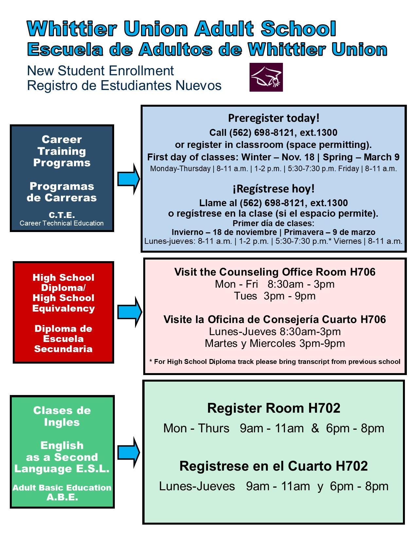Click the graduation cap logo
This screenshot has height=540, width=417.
(x=266, y=77)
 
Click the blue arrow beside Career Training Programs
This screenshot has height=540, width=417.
(x=129, y=179)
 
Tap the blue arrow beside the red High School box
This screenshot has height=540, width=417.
(x=130, y=312)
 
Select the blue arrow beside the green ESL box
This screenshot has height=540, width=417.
(x=129, y=453)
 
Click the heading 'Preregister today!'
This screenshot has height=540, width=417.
(x=274, y=118)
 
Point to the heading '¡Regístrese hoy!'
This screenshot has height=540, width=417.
(x=274, y=189)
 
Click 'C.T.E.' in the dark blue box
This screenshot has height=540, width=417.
(x=61, y=215)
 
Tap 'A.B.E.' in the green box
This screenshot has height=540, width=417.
(x=62, y=497)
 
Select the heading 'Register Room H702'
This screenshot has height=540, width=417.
(x=274, y=408)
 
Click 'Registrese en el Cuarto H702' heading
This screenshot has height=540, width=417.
(x=274, y=466)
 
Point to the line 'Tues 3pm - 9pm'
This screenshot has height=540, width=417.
(x=275, y=296)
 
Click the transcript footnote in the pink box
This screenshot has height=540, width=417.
(x=275, y=362)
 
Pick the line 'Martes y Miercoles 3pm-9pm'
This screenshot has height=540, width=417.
(x=275, y=343)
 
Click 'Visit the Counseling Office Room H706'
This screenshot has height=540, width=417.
(x=275, y=272)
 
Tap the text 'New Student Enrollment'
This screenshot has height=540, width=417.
(x=100, y=71)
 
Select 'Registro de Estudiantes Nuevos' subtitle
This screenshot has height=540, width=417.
(x=124, y=85)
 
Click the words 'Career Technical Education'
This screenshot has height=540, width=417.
(x=61, y=223)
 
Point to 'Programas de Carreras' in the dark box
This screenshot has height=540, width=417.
(x=61, y=192)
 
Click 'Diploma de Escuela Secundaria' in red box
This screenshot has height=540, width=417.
(x=63, y=339)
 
